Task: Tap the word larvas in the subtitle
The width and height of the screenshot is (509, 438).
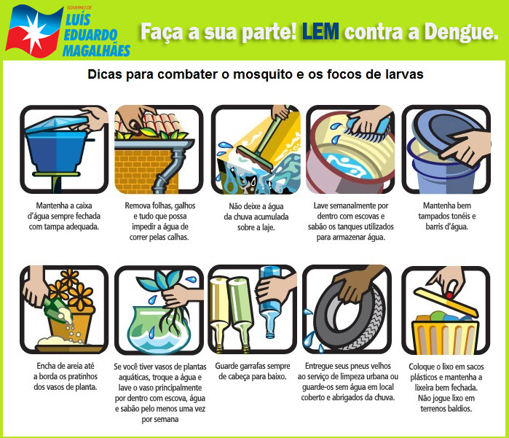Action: point(402,74)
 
